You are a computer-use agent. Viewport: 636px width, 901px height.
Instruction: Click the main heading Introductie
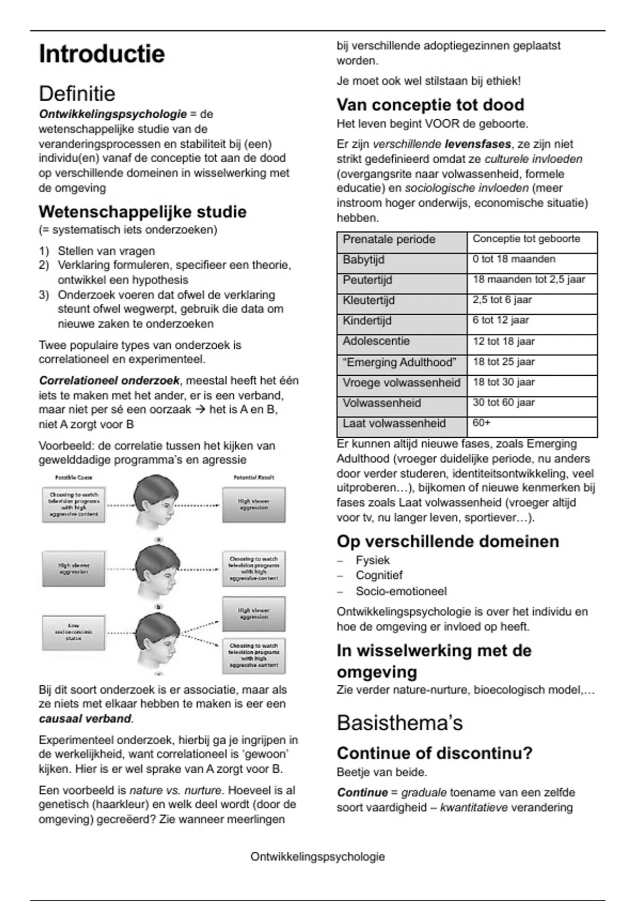[x=102, y=54]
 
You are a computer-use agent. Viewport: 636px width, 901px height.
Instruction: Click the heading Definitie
[x=77, y=94]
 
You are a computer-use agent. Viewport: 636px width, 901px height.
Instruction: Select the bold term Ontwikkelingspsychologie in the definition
[x=112, y=114]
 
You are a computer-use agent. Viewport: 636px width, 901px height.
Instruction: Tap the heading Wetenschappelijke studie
[x=143, y=212]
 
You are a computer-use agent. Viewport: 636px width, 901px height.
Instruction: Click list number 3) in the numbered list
[x=43, y=295]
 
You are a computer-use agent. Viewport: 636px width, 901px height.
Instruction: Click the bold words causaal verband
[x=85, y=719]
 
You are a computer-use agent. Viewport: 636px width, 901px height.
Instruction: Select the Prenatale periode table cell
[x=389, y=239]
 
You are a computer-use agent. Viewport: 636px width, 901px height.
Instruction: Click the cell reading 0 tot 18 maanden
[x=514, y=259]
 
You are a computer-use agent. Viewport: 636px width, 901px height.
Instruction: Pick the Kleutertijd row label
[x=369, y=300]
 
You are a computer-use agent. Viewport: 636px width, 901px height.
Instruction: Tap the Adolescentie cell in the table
[x=376, y=341]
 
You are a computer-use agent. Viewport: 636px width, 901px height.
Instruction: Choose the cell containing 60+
[x=482, y=423]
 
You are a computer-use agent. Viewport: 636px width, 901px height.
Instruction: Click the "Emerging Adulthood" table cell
[x=400, y=362]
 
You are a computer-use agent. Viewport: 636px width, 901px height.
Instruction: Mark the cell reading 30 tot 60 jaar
[x=503, y=402]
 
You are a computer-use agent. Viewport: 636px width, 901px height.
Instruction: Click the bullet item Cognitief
[x=379, y=576]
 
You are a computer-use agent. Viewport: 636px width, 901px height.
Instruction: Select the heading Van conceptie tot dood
[x=430, y=105]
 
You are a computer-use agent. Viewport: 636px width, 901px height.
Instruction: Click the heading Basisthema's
[x=400, y=723]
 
